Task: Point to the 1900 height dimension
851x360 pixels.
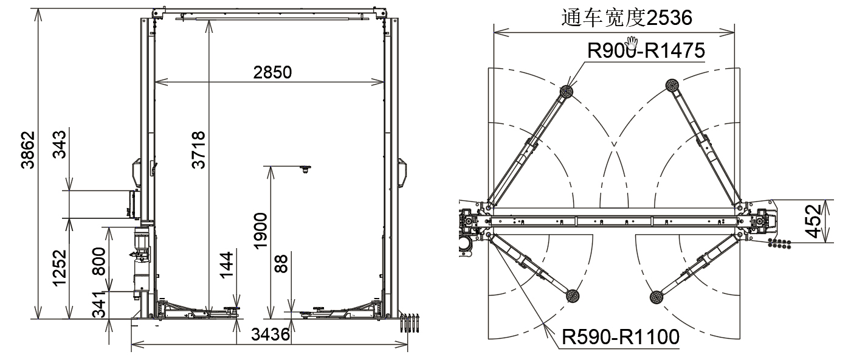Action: point(260,230)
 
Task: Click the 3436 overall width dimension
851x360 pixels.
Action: point(270,334)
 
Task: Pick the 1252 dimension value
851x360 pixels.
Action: point(60,268)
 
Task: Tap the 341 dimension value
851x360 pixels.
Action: point(98,305)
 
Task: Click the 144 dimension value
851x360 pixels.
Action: point(226,265)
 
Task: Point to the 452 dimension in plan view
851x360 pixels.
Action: point(815,221)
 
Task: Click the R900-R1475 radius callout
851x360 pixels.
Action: point(646,50)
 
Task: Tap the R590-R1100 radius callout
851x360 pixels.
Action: point(620,336)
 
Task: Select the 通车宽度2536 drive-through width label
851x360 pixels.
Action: point(627,18)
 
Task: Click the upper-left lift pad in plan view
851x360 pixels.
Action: point(567,92)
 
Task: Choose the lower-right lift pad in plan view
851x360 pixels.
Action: point(656,297)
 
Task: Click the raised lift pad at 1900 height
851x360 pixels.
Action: point(306,168)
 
